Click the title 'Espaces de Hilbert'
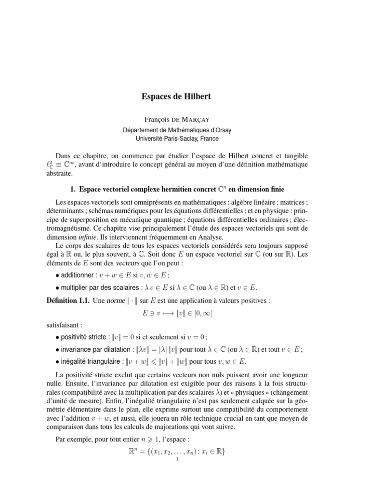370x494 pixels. coord(176,97)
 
